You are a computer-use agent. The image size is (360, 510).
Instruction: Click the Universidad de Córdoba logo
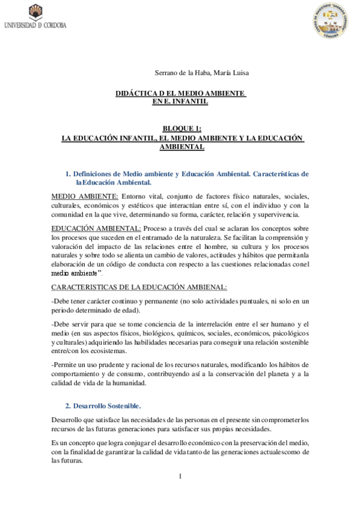click(34, 17)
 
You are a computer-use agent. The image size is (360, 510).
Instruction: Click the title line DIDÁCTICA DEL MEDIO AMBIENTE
click(180, 94)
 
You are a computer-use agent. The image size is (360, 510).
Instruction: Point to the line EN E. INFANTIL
click(180, 102)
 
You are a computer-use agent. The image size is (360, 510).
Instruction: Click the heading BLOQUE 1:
click(182, 129)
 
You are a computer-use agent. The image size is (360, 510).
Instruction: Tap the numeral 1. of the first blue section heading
click(69, 174)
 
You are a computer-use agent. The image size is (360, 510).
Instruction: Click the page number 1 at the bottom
click(180, 476)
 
